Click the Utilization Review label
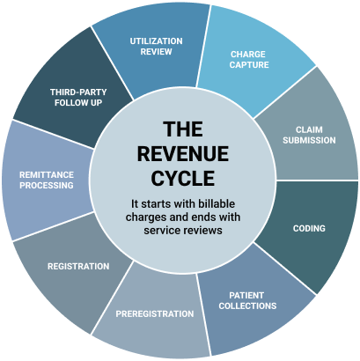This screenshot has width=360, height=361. [156, 47]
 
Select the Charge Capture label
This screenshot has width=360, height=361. [249, 60]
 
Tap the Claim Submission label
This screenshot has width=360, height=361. [309, 135]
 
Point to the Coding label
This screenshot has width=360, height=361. [309, 228]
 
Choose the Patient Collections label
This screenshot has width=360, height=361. [247, 300]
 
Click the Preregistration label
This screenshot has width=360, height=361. [155, 313]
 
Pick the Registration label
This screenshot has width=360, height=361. [78, 266]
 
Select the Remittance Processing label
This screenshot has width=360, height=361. [47, 180]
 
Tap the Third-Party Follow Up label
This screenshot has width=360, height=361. [78, 98]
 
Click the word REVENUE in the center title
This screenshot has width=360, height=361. [183, 154]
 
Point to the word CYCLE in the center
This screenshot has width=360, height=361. [183, 179]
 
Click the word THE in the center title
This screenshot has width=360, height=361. [183, 129]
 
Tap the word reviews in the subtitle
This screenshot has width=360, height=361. [204, 230]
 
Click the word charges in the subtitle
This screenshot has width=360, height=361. [144, 217]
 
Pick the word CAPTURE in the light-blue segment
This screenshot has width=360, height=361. [249, 64]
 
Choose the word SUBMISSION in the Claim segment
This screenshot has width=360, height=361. [309, 140]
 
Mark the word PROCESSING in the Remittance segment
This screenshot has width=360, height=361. [47, 185]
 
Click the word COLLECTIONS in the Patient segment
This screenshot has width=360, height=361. [247, 306]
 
